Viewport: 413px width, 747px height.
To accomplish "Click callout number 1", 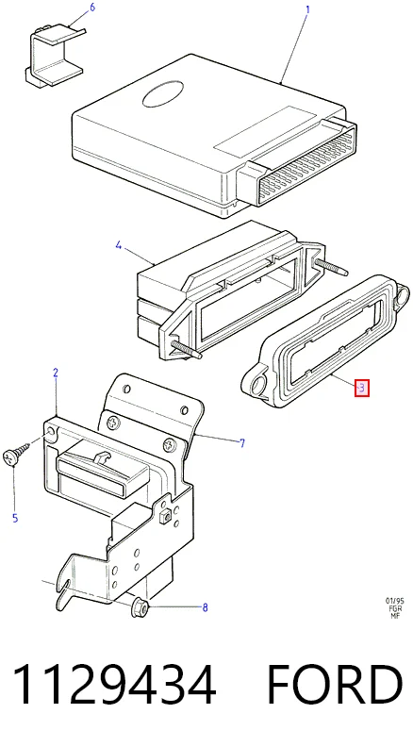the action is tap(307, 9).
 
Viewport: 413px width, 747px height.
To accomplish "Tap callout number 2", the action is tap(56, 373).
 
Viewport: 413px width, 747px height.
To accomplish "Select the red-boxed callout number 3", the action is tap(361, 388).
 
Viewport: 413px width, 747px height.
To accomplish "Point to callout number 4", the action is tap(119, 246).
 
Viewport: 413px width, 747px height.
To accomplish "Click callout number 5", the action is tap(15, 518).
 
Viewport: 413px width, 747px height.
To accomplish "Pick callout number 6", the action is tap(92, 8).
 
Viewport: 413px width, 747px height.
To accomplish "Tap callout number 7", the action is tap(242, 443).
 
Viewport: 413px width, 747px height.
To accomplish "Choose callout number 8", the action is tap(205, 607).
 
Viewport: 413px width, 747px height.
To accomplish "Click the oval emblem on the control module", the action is tap(163, 94).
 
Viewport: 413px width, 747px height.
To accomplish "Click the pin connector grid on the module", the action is tap(307, 162).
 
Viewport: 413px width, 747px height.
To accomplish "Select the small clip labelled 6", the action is tap(55, 57).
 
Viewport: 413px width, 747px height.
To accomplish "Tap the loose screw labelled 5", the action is tap(16, 453).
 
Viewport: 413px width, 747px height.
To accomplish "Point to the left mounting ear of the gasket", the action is tap(255, 384).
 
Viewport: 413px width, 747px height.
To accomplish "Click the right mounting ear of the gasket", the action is tap(401, 294).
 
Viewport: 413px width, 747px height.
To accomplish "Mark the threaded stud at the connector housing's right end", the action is tap(329, 267).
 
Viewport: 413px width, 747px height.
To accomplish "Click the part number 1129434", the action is tap(114, 685).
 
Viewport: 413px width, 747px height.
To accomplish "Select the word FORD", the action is tap(335, 685).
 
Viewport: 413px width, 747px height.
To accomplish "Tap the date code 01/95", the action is tap(395, 601).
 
